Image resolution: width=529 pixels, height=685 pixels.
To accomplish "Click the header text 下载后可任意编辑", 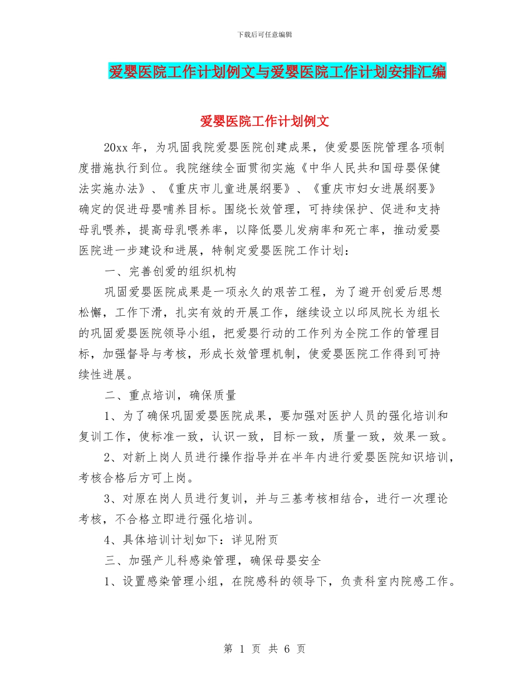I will [x=264, y=35].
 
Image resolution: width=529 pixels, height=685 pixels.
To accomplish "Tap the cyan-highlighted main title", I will [x=277, y=71].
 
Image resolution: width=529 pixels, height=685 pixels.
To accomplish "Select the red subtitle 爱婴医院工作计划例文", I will [x=264, y=121].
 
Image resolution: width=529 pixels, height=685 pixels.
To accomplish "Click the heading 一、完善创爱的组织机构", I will [x=170, y=271].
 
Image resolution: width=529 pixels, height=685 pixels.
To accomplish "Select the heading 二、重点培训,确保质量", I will [x=170, y=395].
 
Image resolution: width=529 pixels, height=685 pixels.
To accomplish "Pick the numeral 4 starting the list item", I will [x=107, y=539].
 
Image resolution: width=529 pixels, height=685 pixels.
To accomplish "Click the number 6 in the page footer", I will [x=288, y=649].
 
